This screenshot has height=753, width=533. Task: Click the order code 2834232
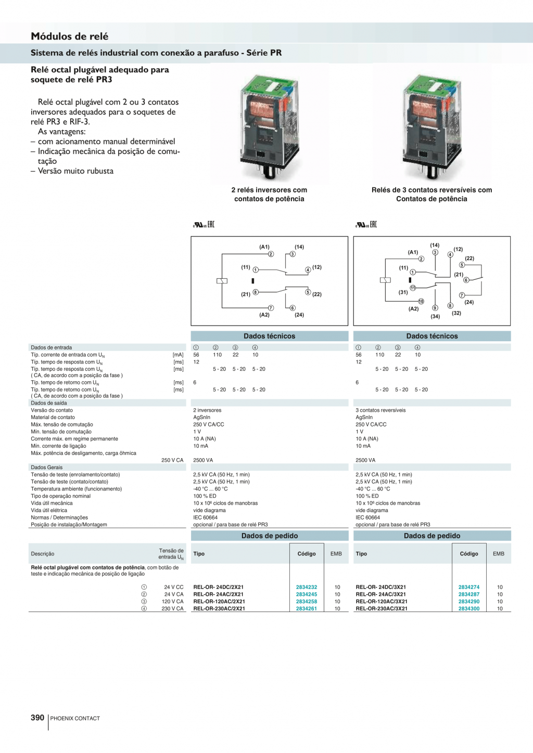[306, 587]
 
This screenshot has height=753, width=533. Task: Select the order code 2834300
[468, 608]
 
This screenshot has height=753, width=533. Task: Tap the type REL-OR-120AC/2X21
[219, 602]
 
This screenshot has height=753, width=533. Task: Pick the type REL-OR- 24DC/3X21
[380, 587]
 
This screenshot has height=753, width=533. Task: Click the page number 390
[37, 718]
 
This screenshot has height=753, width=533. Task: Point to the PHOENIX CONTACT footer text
[75, 719]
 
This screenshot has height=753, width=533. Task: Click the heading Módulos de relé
[70, 36]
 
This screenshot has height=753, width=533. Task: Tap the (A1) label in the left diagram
[264, 247]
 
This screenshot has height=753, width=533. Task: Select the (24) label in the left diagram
[299, 315]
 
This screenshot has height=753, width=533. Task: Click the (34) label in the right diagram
[435, 316]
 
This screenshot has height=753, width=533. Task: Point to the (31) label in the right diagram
[403, 292]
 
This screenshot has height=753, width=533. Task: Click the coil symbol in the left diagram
[222, 281]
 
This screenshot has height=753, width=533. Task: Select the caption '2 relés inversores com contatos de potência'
[269, 194]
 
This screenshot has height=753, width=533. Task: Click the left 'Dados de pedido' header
[270, 536]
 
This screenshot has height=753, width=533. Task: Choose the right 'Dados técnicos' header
[432, 336]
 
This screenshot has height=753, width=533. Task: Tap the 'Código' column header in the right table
[468, 554]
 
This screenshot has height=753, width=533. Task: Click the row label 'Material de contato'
[53, 417]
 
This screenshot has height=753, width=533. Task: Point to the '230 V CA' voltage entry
[172, 608]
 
